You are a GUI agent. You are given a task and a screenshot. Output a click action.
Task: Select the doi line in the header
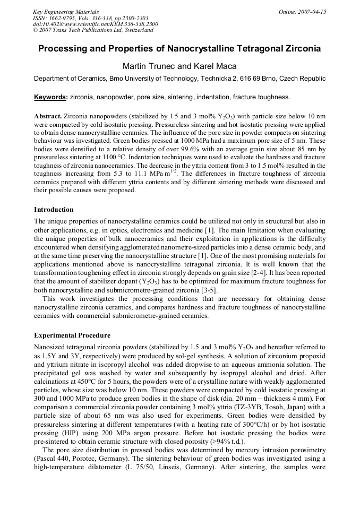coord(95,24)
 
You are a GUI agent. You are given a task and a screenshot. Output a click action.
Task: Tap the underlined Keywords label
coord(50,97)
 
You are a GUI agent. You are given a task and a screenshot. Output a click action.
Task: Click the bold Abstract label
coord(48,116)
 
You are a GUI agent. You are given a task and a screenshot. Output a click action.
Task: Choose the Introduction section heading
coord(54,210)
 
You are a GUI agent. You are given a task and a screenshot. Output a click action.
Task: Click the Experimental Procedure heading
coord(72,335)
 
